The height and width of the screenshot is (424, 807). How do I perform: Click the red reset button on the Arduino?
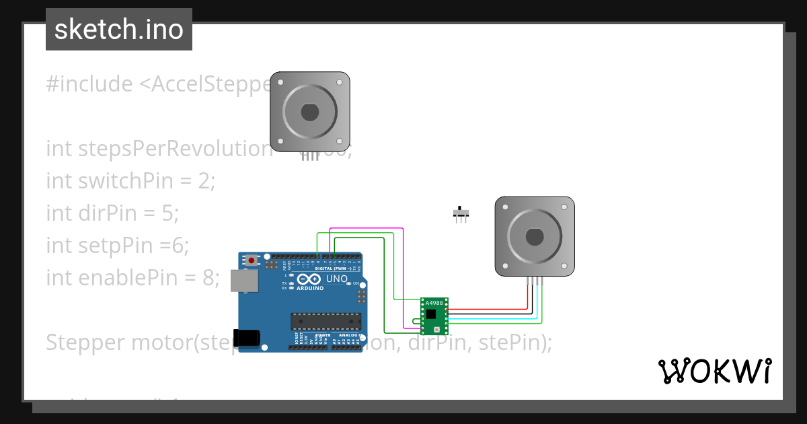click(252, 260)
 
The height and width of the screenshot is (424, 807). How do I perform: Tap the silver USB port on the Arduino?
click(243, 281)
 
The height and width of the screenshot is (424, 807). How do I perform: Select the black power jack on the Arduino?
click(245, 337)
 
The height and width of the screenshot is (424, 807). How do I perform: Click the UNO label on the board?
click(336, 279)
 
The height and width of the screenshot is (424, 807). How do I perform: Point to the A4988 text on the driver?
click(434, 304)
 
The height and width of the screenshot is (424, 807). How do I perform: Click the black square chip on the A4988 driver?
click(430, 314)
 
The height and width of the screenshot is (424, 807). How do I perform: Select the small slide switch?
click(461, 214)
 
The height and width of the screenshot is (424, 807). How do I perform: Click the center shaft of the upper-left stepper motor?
click(309, 112)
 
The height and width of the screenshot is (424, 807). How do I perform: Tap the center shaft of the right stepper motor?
click(535, 236)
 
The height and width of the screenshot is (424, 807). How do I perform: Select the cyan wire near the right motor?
click(537, 303)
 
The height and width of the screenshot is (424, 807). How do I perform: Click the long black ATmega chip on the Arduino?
click(325, 321)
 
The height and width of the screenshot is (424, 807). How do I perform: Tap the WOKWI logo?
click(714, 371)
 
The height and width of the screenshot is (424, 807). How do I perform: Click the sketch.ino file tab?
click(119, 30)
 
